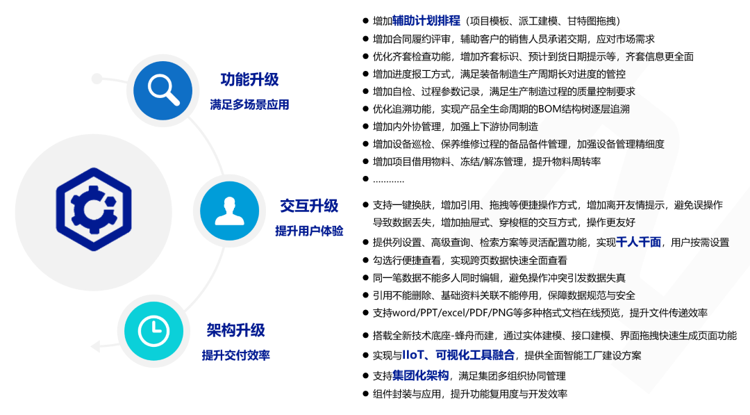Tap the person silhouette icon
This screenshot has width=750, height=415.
pos(230,211)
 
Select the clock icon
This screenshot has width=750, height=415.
pos(153,331)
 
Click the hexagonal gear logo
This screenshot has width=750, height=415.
pos(94,209)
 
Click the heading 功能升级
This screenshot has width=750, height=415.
pos(249,79)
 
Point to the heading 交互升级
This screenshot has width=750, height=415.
pos(309,206)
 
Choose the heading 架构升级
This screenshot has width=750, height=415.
pos(236,329)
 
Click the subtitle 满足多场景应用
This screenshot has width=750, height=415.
pos(249,104)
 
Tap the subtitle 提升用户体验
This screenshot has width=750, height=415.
pos(309,231)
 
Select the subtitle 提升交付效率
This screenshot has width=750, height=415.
pos(236,355)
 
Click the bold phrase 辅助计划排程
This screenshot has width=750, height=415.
pos(426,21)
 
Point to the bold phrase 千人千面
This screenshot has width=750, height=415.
pos(639,242)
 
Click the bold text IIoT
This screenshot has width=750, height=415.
pos(413,355)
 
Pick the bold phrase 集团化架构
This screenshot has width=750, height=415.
pos(420,376)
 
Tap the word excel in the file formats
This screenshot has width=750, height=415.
pos(454,313)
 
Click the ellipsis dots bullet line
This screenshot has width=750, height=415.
pos(388,181)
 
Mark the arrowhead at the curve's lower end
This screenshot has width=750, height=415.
pos(96,346)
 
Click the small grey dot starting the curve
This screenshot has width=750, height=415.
pos(97,79)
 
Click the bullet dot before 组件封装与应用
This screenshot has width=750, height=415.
pos(365,394)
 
